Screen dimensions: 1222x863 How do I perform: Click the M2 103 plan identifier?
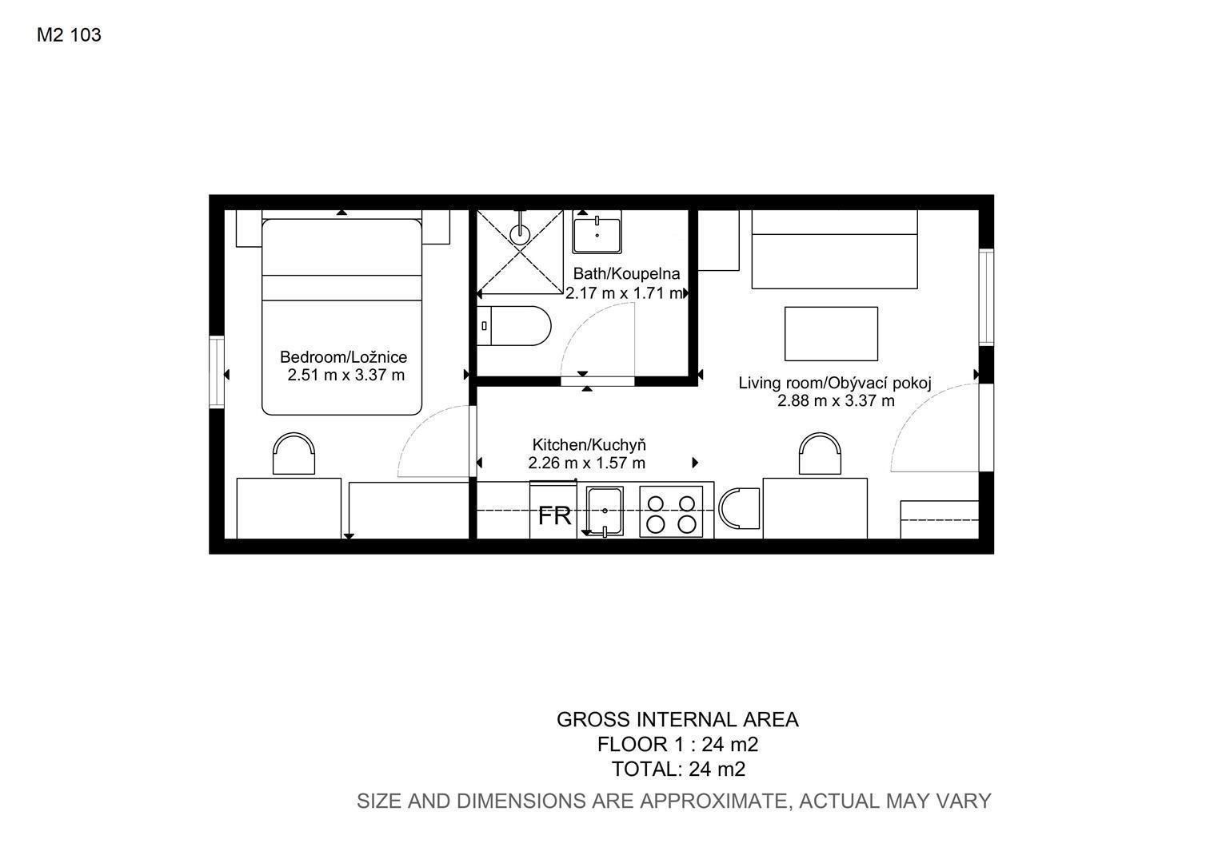click(69, 35)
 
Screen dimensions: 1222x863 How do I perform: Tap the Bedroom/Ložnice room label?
click(343, 357)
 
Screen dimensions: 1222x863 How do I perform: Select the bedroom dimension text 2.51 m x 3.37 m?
click(345, 375)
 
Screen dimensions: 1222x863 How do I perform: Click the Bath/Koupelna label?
click(626, 273)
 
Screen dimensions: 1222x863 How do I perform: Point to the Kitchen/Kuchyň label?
click(589, 445)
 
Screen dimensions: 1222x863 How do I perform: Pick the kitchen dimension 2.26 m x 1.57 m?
click(586, 463)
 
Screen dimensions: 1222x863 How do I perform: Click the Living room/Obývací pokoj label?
click(835, 383)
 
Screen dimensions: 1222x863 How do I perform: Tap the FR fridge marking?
click(554, 515)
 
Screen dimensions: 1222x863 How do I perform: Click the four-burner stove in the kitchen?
click(671, 512)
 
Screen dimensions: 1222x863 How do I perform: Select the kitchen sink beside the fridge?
click(605, 511)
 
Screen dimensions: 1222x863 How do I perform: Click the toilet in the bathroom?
click(514, 325)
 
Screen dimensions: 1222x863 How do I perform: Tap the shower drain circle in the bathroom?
click(520, 234)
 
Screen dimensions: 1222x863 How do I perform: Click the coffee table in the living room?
click(831, 334)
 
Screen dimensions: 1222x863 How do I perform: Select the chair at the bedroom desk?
click(294, 454)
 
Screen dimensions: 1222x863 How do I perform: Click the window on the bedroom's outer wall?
click(217, 372)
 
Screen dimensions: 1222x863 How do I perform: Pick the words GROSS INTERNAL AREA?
click(677, 720)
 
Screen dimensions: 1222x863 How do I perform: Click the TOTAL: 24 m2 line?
click(678, 770)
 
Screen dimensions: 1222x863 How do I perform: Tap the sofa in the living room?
click(835, 249)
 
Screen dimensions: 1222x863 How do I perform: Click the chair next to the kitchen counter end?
click(739, 508)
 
